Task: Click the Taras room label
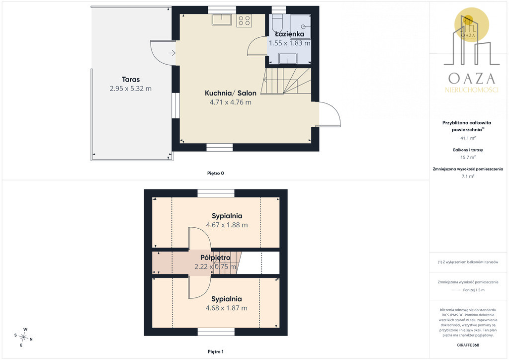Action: pyautogui.click(x=131, y=80)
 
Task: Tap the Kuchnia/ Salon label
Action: pyautogui.click(x=231, y=93)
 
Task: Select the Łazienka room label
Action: pyautogui.click(x=290, y=34)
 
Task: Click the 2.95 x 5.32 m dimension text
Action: pyautogui.click(x=131, y=89)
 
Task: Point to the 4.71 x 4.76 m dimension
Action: pyautogui.click(x=231, y=102)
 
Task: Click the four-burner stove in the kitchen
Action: pyautogui.click(x=244, y=21)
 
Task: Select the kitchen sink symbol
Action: pyautogui.click(x=222, y=19)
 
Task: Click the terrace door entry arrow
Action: pyautogui.click(x=172, y=53)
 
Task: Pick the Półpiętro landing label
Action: pyautogui.click(x=215, y=258)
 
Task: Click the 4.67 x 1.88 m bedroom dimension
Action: pyautogui.click(x=227, y=225)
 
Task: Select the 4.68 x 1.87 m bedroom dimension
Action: pyautogui.click(x=227, y=308)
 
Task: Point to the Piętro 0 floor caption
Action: pyautogui.click(x=216, y=174)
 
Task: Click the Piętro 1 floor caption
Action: pyautogui.click(x=216, y=352)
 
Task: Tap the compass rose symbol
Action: pyautogui.click(x=23, y=337)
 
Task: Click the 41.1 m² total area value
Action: pyautogui.click(x=468, y=138)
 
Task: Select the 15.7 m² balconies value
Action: pyautogui.click(x=468, y=157)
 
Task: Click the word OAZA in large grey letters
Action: pyautogui.click(x=472, y=79)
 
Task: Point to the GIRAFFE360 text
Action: pyautogui.click(x=468, y=345)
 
